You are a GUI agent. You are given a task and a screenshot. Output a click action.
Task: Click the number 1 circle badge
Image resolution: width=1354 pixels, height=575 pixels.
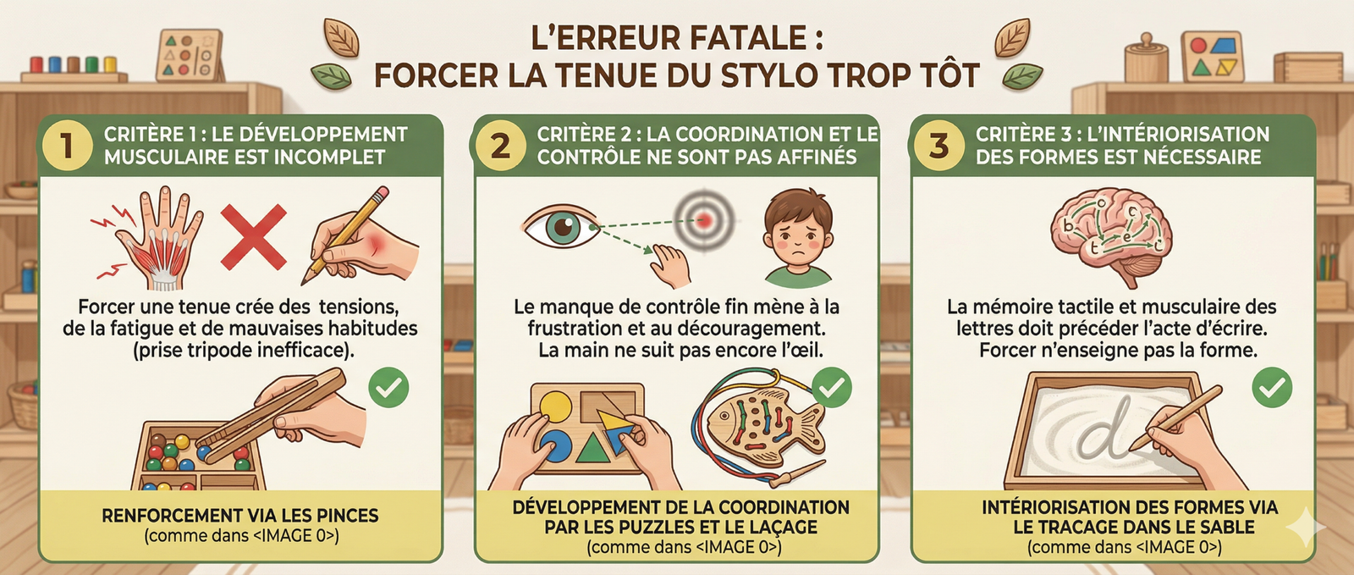pyautogui.click(x=67, y=146)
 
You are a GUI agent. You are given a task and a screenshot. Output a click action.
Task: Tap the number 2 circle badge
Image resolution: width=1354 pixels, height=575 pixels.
pyautogui.click(x=500, y=146)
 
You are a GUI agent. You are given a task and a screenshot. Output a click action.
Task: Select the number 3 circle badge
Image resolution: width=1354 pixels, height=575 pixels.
pyautogui.click(x=938, y=146)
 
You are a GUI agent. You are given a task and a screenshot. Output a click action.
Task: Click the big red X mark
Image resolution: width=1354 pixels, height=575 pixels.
pyautogui.click(x=253, y=236)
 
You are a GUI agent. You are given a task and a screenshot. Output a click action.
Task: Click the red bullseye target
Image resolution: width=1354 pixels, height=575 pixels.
pyautogui.click(x=703, y=220)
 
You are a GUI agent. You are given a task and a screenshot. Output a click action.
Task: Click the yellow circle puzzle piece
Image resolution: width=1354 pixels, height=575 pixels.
pyautogui.click(x=555, y=406)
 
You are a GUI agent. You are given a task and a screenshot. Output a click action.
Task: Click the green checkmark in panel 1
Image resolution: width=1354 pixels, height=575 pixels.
pyautogui.click(x=388, y=388)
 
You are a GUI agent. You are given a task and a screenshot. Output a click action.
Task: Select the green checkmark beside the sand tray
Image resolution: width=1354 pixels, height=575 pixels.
pyautogui.click(x=1272, y=388)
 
